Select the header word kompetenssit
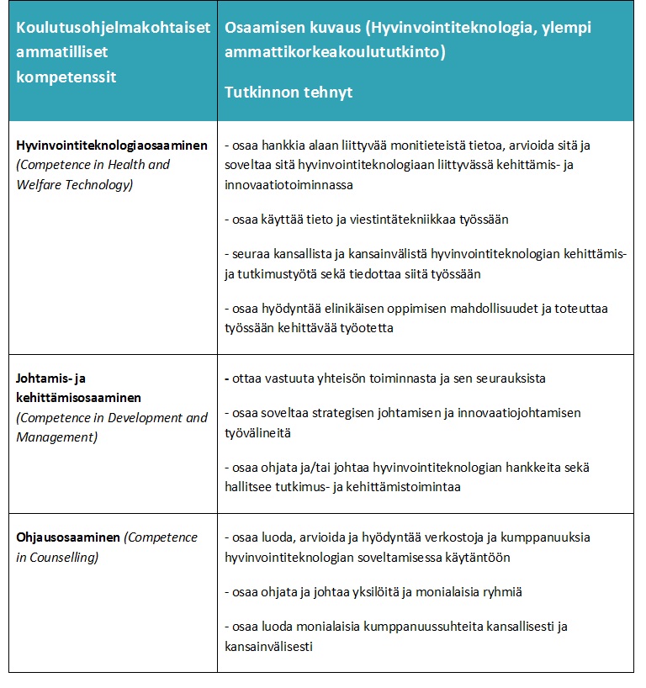click(66, 77)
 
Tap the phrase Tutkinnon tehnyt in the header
click(289, 92)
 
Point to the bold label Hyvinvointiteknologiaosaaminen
click(112, 146)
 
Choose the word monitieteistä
click(433, 146)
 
